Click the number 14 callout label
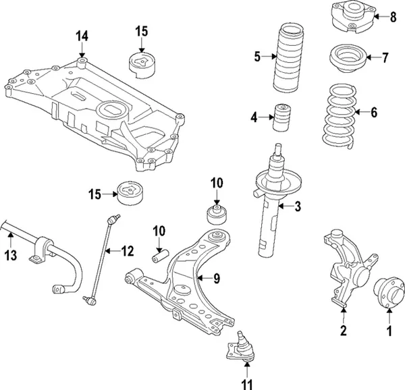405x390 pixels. pos(82,36)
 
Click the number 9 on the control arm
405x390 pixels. pos(217,277)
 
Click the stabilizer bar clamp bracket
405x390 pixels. pos(40,248)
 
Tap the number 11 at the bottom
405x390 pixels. pos(247,385)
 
